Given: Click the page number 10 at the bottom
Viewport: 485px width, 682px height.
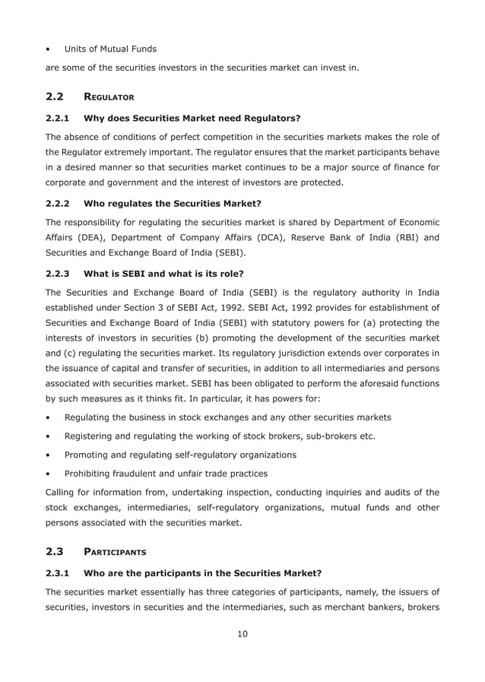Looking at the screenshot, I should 242,634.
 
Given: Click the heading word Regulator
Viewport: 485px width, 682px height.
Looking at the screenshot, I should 109,98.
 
